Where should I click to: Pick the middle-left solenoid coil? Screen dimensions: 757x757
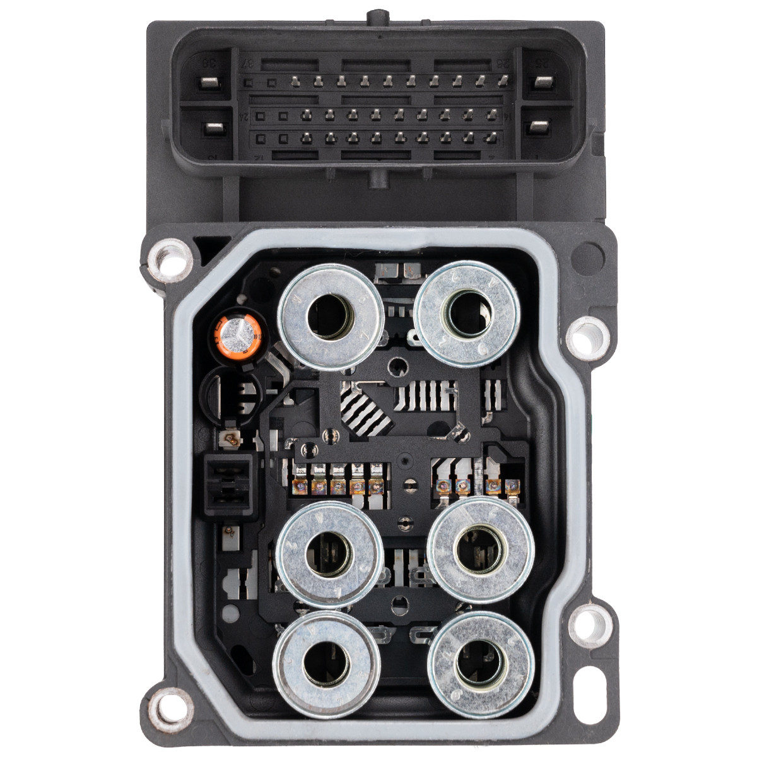330,555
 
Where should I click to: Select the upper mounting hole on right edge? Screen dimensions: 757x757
590,337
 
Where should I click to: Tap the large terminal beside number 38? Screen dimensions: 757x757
209,83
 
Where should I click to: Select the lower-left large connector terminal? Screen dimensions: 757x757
209,129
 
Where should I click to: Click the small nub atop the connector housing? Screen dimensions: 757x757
377,15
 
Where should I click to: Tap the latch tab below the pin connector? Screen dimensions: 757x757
378,179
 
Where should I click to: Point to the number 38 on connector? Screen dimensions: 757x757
206,63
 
